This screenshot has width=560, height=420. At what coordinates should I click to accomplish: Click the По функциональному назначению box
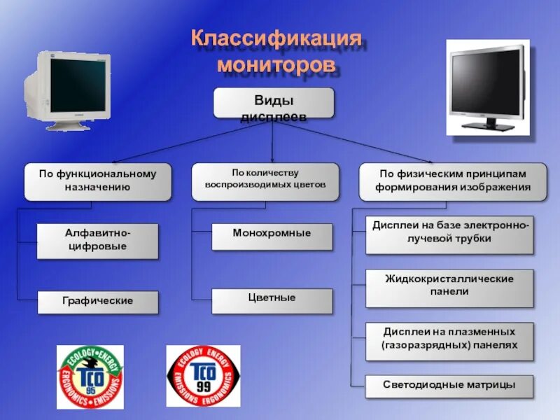tap(98, 181)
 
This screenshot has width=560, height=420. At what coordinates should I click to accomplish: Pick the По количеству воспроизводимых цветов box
tap(265, 181)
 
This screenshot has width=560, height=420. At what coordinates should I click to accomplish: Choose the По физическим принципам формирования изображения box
tap(452, 181)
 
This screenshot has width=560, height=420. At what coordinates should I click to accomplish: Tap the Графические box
tap(98, 302)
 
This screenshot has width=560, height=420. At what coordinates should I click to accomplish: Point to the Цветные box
tap(272, 299)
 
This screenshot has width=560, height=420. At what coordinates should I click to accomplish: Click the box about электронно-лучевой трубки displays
tap(449, 234)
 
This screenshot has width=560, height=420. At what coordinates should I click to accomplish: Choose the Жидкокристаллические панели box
tap(449, 286)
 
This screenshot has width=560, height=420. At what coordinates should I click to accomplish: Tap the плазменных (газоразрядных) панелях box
tap(449, 339)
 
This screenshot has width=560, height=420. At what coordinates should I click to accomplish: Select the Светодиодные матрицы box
tap(449, 386)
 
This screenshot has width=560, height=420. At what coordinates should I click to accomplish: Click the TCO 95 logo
tap(90, 377)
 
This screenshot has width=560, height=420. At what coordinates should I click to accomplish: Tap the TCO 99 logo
tap(203, 377)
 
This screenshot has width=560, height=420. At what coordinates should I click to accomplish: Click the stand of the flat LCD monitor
tap(490, 124)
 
